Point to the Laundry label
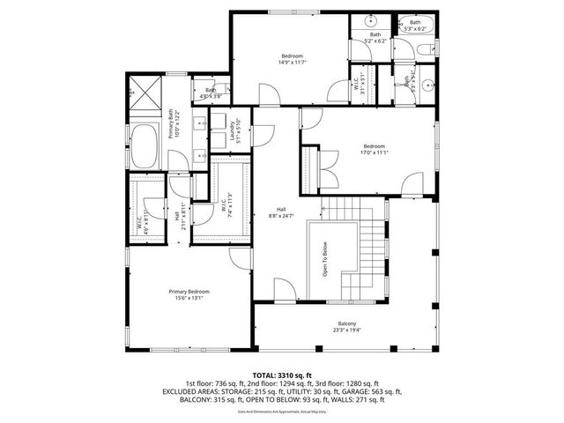pos(235,132)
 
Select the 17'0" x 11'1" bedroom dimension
pos(375,151)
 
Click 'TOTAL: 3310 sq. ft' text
pos(282,375)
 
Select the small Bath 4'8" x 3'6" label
pos(210,93)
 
